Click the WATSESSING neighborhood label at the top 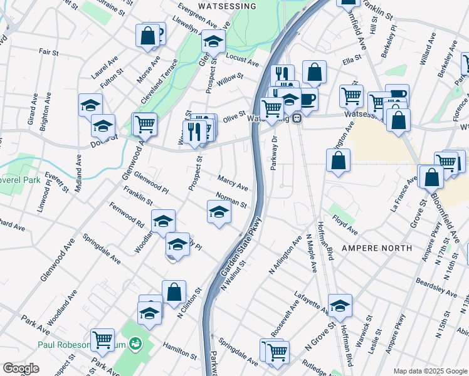[x=228, y=6]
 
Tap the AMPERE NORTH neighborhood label [x=377, y=248]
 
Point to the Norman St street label [x=231, y=200]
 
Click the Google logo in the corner [x=21, y=368]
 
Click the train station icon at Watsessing [x=298, y=118]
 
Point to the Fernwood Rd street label [x=126, y=213]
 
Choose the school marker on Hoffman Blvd [x=340, y=305]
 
